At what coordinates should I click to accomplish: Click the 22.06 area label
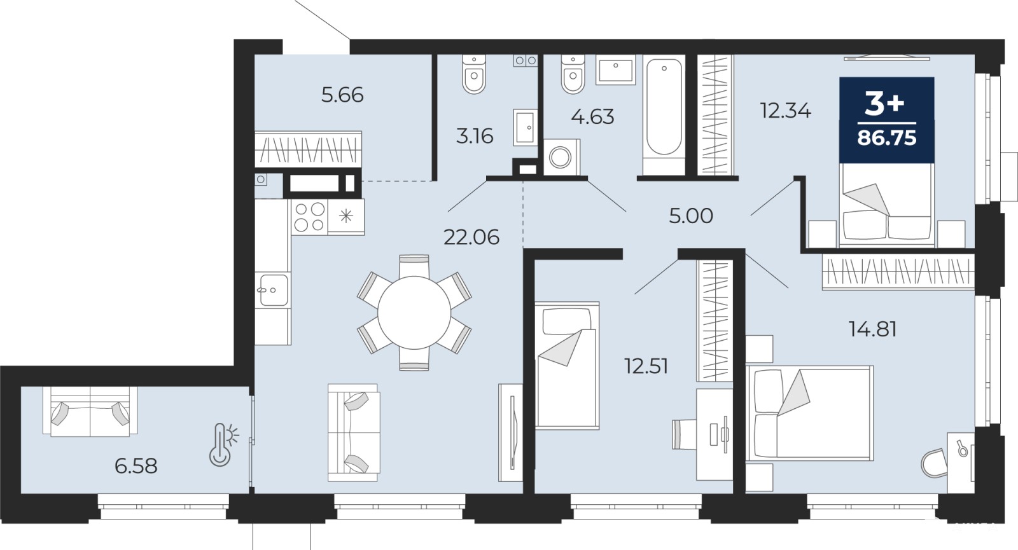(471, 237)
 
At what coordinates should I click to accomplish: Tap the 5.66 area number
(342, 95)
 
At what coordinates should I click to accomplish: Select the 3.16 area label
(475, 136)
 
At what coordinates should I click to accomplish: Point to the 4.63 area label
(592, 117)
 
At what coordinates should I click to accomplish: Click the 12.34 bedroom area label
(785, 111)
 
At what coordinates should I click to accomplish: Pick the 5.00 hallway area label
(691, 216)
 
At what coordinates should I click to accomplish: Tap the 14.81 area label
(872, 329)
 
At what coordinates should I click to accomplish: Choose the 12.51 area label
(646, 366)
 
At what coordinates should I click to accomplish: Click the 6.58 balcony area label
(136, 466)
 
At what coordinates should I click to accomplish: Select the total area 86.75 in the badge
(887, 137)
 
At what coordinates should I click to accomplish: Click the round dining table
(414, 312)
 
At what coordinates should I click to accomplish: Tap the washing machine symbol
(562, 157)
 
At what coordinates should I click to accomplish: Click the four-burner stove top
(309, 217)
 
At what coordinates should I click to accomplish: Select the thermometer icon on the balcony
(223, 444)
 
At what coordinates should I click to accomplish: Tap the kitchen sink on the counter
(273, 290)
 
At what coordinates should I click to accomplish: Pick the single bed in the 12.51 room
(567, 366)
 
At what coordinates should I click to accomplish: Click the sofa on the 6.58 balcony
(90, 411)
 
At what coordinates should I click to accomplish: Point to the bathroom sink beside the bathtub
(616, 70)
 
